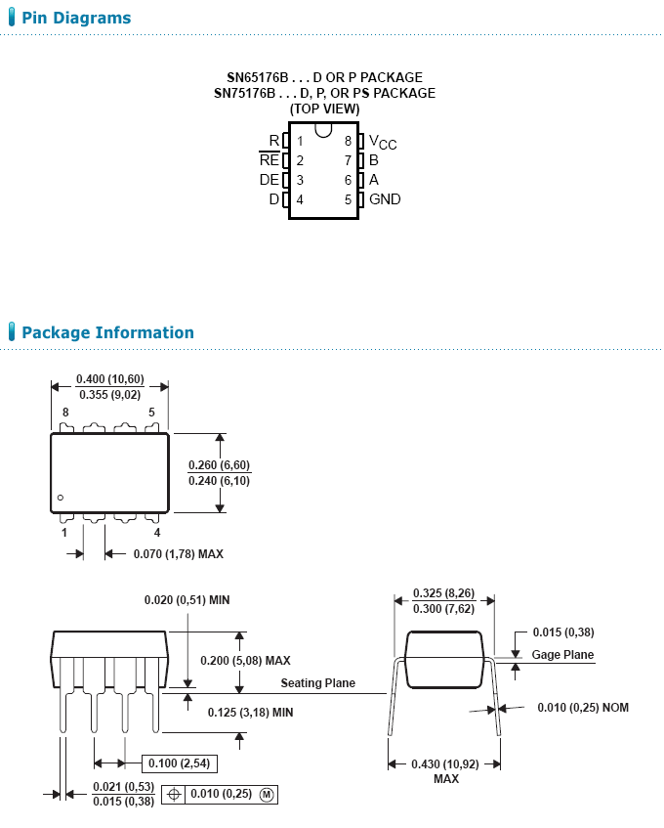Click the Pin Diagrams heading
pyautogui.click(x=75, y=18)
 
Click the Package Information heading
pyautogui.click(x=107, y=332)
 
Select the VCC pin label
pyautogui.click(x=382, y=142)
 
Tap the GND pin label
pyautogui.click(x=385, y=199)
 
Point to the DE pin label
pyautogui.click(x=269, y=180)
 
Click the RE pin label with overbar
pyautogui.click(x=270, y=160)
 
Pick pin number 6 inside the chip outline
pyautogui.click(x=348, y=180)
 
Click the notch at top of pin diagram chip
pyautogui.click(x=324, y=129)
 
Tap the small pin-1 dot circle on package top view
pyautogui.click(x=61, y=498)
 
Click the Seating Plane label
pyautogui.click(x=318, y=683)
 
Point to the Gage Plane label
pyautogui.click(x=562, y=655)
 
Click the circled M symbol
pyautogui.click(x=267, y=795)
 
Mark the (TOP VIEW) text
pyautogui.click(x=324, y=109)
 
